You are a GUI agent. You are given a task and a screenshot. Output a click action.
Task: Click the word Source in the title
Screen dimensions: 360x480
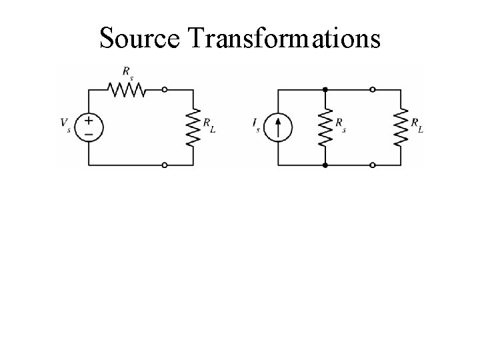(x=141, y=39)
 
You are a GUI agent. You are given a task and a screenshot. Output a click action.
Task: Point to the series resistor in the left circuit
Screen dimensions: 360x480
(x=127, y=89)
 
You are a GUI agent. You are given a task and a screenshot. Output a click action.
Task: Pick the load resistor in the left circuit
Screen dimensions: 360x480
(x=193, y=127)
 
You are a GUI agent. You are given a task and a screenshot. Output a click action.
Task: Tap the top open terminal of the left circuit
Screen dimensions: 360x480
(x=165, y=89)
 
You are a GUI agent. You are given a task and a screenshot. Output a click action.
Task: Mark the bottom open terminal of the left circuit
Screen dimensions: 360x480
(x=165, y=164)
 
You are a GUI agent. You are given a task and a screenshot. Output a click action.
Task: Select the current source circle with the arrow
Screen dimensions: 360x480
(x=278, y=127)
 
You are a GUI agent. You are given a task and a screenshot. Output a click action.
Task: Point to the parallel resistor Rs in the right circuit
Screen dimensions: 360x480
(x=325, y=127)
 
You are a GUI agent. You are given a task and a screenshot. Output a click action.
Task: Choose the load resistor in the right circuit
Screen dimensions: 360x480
(x=401, y=127)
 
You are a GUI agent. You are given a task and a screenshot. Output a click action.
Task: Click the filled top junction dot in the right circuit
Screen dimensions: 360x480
(x=325, y=89)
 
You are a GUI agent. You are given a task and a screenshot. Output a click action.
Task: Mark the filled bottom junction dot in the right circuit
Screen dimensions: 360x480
(x=325, y=164)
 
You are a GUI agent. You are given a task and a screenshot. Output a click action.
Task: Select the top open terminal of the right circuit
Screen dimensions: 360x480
(x=372, y=89)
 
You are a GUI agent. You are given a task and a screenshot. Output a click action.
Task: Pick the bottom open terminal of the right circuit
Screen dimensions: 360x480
(x=372, y=164)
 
